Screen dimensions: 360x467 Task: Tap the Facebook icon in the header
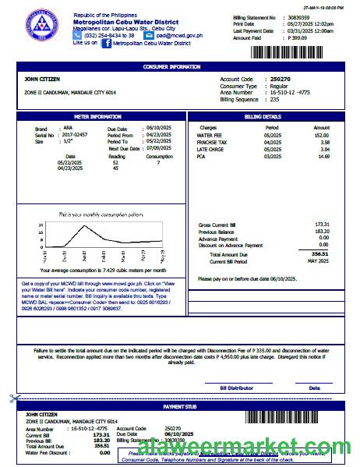click(x=106, y=44)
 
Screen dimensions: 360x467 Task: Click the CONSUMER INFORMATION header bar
click(x=180, y=67)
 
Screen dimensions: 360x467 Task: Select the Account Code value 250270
click(x=280, y=80)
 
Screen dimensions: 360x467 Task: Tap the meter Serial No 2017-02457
click(x=75, y=135)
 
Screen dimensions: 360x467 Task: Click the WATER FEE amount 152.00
click(x=321, y=135)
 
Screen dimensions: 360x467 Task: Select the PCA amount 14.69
click(x=321, y=157)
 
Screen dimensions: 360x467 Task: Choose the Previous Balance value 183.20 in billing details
click(x=321, y=232)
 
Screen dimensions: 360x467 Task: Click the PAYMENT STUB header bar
click(x=180, y=407)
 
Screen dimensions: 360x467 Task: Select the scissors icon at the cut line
click(x=13, y=398)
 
